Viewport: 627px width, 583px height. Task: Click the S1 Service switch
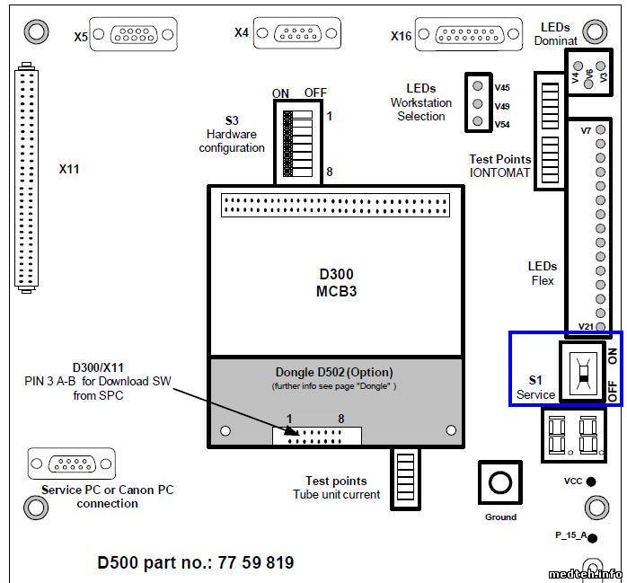click(581, 370)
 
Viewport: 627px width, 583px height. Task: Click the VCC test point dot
click(591, 481)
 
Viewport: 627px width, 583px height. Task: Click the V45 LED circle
click(479, 87)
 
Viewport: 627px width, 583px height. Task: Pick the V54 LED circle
click(479, 122)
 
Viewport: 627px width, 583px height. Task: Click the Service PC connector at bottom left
click(72, 464)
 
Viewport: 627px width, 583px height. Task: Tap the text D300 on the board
click(337, 274)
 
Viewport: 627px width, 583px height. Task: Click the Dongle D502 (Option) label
click(333, 372)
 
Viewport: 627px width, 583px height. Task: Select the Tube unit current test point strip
click(402, 470)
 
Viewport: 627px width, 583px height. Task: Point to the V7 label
click(586, 131)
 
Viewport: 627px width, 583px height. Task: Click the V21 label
click(586, 327)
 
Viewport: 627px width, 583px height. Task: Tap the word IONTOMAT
click(500, 172)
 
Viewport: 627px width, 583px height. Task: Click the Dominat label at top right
click(555, 40)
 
